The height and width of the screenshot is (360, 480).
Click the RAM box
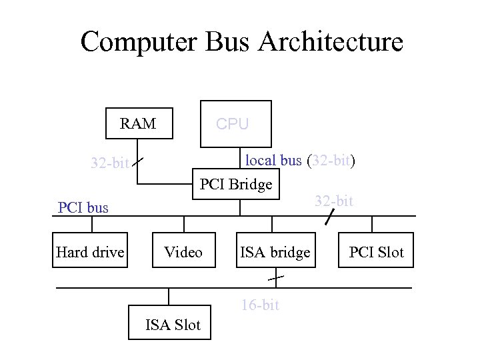coord(138,124)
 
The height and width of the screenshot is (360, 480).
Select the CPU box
coord(236,124)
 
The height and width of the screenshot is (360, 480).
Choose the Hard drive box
coord(90,251)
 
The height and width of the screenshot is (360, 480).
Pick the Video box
coord(183,251)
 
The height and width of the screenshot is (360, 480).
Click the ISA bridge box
coord(275,251)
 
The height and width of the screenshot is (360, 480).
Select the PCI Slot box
coord(377,251)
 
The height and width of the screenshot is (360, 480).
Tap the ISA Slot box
coord(172,325)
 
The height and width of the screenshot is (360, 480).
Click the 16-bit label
coord(259,305)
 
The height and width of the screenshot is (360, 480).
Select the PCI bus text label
coord(83,207)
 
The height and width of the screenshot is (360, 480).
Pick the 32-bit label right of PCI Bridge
coord(334,201)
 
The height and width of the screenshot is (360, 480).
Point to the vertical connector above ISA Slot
coord(169,298)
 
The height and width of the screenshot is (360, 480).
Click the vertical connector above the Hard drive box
coord(90,224)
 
